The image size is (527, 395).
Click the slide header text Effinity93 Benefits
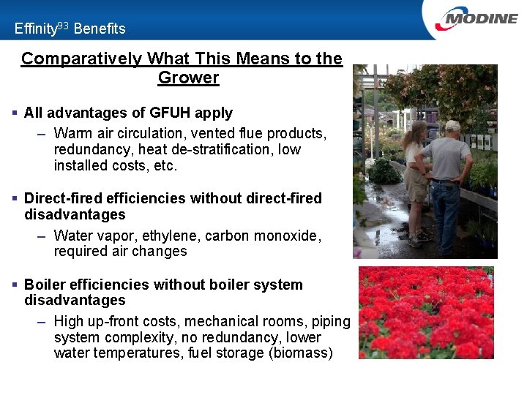70,29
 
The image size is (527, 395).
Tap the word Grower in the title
188,78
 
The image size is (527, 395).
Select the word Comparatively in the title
81,59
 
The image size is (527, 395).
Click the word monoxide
293,236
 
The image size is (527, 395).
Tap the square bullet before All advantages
15,113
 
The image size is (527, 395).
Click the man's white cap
453,125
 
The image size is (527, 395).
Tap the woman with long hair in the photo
416,176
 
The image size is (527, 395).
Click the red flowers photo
426,312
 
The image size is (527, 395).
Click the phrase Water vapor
93,236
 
